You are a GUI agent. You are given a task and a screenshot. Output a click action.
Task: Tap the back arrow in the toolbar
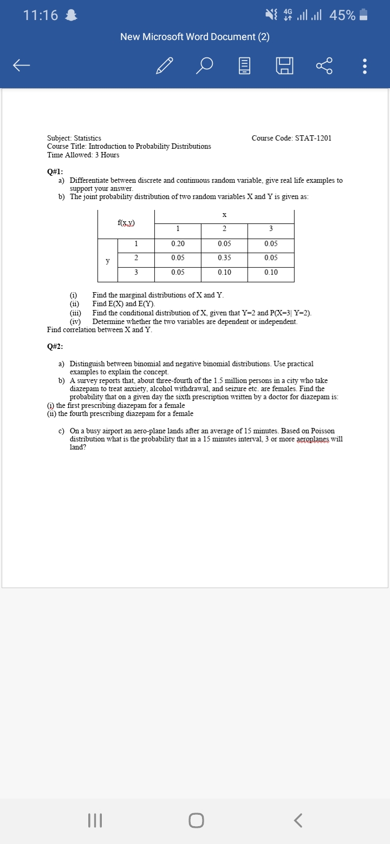point(22,65)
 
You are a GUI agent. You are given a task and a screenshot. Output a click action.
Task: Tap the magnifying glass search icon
point(205,65)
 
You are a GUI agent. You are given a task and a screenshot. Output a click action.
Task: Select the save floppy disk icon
point(285,65)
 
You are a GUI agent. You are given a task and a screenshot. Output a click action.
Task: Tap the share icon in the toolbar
point(323,65)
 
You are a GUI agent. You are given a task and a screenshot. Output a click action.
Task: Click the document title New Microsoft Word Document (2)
point(195,37)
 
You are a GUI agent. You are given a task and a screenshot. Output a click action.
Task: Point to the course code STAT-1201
point(291,139)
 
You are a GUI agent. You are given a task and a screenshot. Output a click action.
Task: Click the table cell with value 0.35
point(224,258)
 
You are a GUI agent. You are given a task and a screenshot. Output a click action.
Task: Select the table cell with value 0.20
point(177,244)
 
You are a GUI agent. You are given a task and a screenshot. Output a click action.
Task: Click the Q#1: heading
point(55,172)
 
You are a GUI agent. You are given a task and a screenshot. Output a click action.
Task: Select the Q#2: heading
point(55,347)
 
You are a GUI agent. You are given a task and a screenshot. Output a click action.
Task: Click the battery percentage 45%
point(342,16)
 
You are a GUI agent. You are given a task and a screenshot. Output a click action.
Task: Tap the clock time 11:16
point(41,16)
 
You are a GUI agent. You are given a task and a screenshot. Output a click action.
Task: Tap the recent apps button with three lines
point(95,821)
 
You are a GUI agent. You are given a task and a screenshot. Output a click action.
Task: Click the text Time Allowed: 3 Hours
point(83,155)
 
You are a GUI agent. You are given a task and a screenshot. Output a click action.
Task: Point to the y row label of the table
point(108,261)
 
